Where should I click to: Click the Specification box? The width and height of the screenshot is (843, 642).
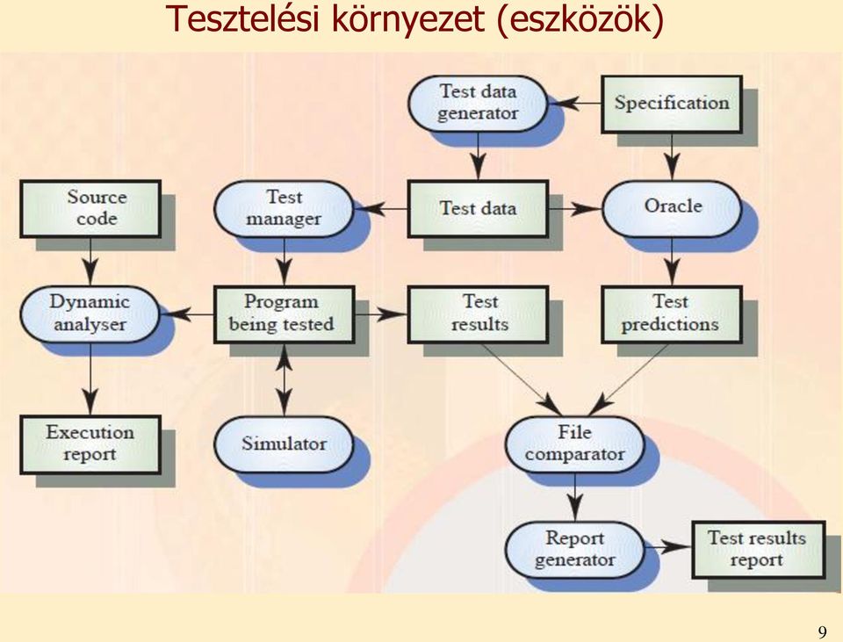coord(672,104)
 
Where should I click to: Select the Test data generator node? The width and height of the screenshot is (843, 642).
coord(478,104)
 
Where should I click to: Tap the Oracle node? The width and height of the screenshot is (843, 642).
coord(672,209)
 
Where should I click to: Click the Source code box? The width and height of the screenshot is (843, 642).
coord(90,209)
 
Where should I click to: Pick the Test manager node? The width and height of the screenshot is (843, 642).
coord(284,209)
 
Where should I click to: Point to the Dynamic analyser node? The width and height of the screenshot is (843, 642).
coord(90,314)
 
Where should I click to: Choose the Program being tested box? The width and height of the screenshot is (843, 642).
coord(284,314)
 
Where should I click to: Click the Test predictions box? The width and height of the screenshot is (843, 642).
coord(672,314)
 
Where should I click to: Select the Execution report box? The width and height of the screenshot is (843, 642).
coord(90,444)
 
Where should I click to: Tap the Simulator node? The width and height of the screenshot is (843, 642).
coord(284,444)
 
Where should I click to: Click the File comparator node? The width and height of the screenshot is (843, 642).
coord(574,444)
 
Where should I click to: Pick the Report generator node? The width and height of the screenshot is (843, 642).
coord(574,549)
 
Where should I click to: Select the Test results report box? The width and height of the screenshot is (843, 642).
coord(758,549)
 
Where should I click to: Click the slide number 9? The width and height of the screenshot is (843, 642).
coord(822,631)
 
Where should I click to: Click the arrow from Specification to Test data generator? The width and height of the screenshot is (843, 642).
coord(574,103)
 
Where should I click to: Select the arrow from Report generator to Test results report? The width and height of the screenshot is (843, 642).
coord(667,547)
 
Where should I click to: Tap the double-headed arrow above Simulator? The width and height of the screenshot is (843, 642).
coord(284,379)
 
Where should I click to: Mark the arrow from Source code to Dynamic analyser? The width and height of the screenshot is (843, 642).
coord(90,262)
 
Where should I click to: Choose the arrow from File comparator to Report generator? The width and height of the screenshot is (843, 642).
coord(574,497)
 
